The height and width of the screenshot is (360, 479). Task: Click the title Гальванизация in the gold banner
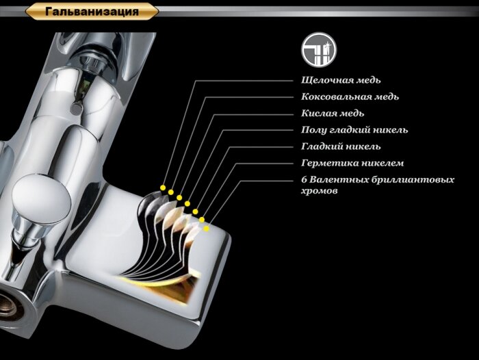[92, 12]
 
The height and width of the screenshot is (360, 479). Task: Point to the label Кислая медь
[333, 114]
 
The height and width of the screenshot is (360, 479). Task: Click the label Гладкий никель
[341, 146]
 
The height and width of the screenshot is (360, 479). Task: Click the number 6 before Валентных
[304, 179]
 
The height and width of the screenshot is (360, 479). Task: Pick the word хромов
[319, 191]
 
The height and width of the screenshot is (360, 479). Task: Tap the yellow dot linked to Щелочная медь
[163, 187]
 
